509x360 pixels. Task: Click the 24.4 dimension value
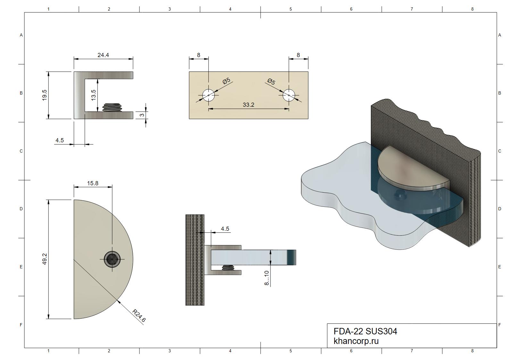(103, 55)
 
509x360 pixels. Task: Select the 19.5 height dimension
(45, 95)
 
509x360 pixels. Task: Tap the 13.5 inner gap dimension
(93, 95)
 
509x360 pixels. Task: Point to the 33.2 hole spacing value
(248, 105)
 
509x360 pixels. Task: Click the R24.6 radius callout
(139, 316)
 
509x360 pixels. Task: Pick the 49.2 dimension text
(45, 259)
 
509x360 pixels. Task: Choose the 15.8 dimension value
(93, 183)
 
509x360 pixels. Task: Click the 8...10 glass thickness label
(267, 278)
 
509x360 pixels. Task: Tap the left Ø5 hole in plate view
(208, 95)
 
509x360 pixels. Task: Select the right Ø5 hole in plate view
(289, 95)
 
